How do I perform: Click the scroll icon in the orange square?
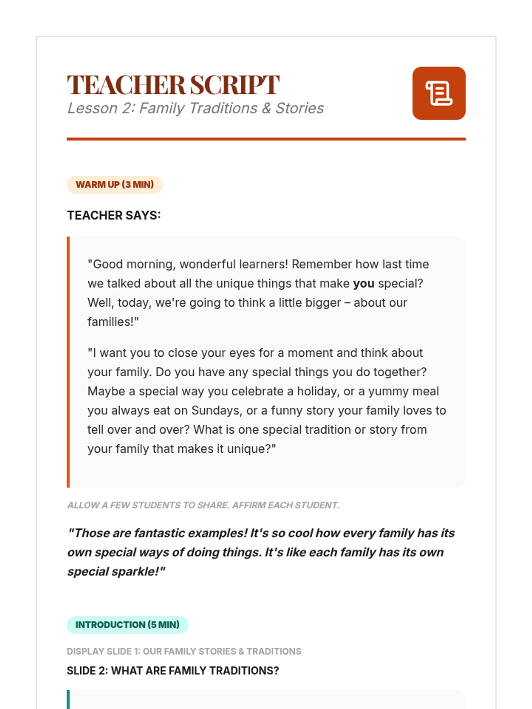point(438,93)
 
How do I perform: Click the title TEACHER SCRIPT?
point(173,85)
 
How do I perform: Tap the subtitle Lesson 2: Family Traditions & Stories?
point(195,108)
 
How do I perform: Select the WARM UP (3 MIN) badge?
point(114,185)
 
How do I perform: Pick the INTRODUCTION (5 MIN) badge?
point(127,625)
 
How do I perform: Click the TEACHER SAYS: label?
point(113,215)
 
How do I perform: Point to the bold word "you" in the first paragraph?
point(364,284)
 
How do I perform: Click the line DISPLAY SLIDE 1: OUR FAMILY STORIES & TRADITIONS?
point(184,651)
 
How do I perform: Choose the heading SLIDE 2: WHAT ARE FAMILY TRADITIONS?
point(172,671)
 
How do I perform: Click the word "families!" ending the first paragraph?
point(113,322)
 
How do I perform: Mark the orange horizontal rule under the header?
point(266,139)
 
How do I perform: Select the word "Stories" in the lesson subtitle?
point(300,108)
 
